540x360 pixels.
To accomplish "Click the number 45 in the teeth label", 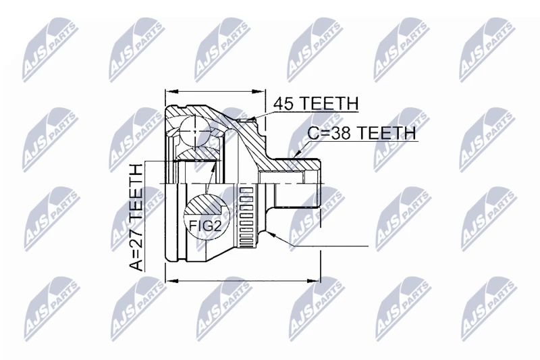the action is (284, 103).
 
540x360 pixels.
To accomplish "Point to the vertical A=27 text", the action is (136, 217).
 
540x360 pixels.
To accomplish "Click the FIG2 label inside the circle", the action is (205, 226).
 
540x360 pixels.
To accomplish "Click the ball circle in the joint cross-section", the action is (195, 131).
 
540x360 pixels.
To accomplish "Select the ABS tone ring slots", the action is (246, 217).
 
